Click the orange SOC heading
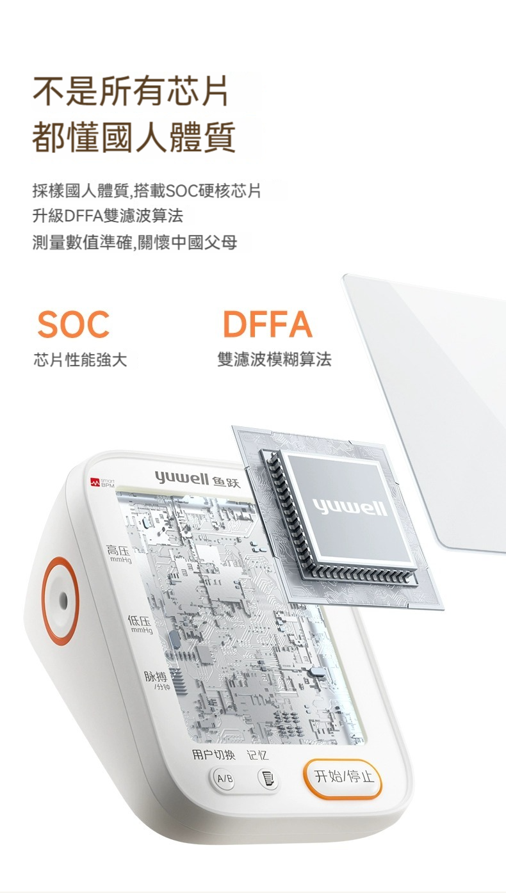[x=74, y=324]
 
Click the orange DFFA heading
[x=268, y=324]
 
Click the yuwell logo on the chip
[x=350, y=508]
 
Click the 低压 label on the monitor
[x=140, y=621]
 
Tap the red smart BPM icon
[x=95, y=483]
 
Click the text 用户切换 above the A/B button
[x=213, y=755]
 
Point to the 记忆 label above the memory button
[x=257, y=755]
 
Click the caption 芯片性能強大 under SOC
[x=80, y=360]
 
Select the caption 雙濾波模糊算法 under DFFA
[x=274, y=359]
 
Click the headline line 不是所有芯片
[x=131, y=90]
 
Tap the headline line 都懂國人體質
[x=134, y=138]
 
